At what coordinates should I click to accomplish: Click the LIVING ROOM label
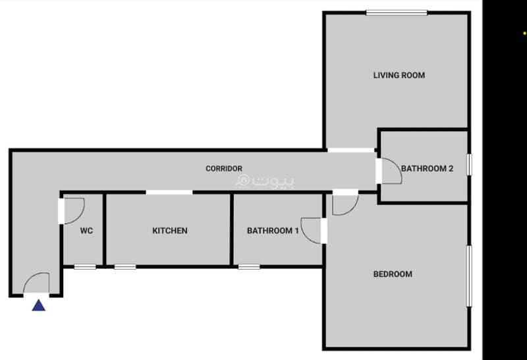399,75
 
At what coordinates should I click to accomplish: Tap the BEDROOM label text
393,274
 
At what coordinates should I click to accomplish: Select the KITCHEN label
170,231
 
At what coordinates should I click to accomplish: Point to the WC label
86,231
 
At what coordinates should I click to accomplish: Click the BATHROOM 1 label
273,231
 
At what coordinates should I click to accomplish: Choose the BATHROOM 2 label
427,168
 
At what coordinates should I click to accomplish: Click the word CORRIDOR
224,168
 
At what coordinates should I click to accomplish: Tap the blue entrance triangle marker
39,305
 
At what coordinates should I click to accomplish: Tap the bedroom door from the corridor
353,208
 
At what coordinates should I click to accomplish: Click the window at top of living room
397,13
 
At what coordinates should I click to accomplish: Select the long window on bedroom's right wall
470,276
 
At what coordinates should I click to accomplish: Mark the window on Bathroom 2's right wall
470,164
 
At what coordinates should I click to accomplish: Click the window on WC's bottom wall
85,267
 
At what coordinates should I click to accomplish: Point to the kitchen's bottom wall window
125,267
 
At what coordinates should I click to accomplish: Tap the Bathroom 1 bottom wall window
249,267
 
